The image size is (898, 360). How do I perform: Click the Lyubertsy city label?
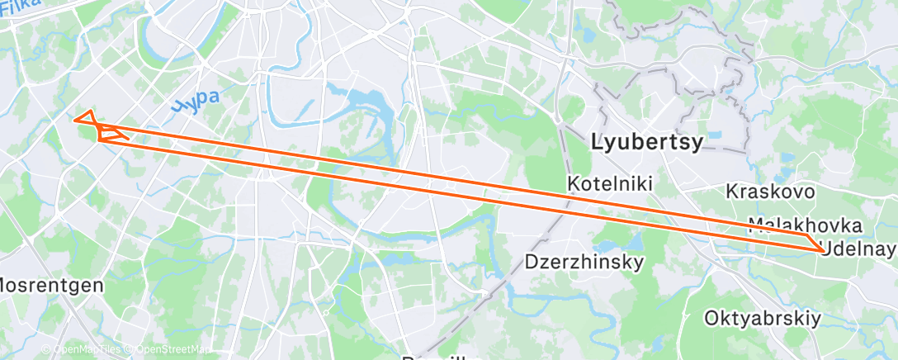pos(648,142)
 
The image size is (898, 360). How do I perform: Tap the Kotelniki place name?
pos(610,183)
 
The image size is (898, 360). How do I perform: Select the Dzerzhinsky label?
pos(584,262)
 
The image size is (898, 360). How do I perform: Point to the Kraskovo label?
pos(770,192)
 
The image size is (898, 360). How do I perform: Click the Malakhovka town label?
pos(805,224)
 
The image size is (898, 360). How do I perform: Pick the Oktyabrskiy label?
pos(762,318)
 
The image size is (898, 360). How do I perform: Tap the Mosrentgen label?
pos(50,285)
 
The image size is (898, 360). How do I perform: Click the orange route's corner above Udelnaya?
pos(806,235)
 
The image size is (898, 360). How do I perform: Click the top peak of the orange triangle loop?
pos(90,109)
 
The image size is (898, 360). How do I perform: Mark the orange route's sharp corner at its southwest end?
pos(99,140)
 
